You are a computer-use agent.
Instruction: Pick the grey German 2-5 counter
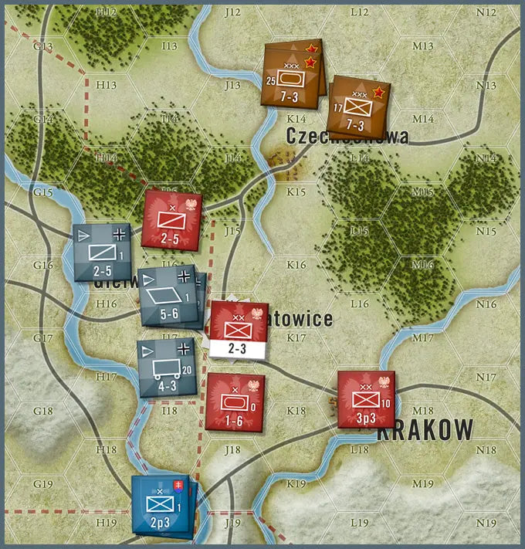tap(102, 252)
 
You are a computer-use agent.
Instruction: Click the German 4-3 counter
tap(165, 368)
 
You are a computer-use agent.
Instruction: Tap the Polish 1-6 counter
tap(235, 402)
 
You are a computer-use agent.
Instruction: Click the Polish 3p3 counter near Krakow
tap(366, 400)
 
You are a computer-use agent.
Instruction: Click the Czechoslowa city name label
tap(347, 137)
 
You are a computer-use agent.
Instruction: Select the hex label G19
tap(43, 484)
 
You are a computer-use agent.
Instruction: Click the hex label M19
tap(422, 484)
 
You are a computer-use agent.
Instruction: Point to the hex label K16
tap(296, 265)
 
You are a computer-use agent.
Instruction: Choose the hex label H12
tap(107, 12)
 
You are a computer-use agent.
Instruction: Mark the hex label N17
tap(486, 378)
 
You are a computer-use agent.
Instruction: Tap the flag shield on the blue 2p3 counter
tap(179, 486)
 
